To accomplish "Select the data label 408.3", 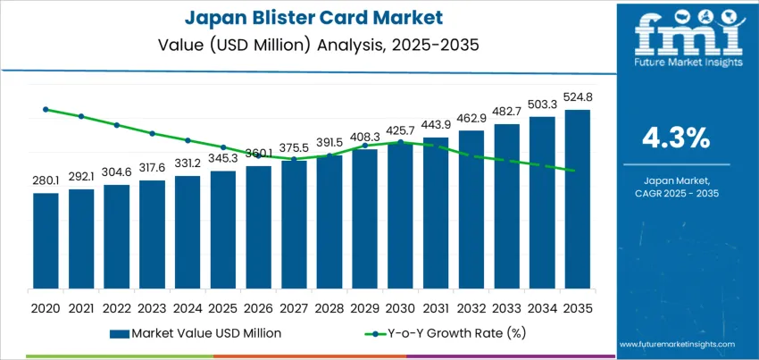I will click(x=364, y=137).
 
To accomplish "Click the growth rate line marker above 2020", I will click(x=46, y=110).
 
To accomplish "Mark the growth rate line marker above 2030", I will click(x=400, y=142).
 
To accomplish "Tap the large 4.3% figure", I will click(x=675, y=138).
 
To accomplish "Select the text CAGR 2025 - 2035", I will click(x=675, y=194).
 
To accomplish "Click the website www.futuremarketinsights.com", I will click(x=675, y=344).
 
